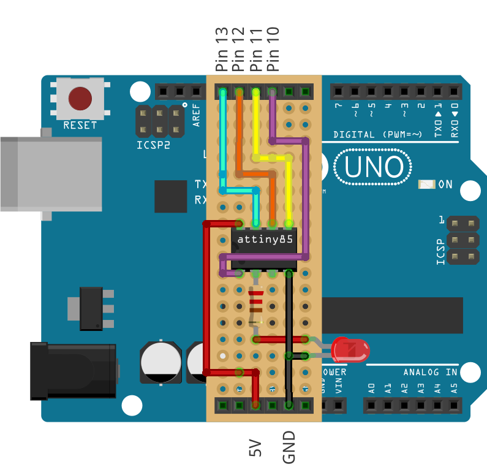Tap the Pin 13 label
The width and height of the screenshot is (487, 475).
coord(222,49)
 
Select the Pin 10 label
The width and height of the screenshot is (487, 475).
coord(274,49)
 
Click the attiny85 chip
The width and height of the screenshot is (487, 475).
coord(264,243)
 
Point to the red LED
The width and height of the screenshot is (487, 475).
coord(350,351)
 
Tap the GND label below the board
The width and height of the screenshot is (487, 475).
coord(289,447)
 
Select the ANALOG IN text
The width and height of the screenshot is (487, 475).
coord(430,372)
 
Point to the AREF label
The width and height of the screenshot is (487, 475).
coord(197,115)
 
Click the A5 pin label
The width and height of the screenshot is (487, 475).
coord(453,387)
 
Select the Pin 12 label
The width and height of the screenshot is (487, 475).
coord(239,49)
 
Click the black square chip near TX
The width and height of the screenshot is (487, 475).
coord(170,196)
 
